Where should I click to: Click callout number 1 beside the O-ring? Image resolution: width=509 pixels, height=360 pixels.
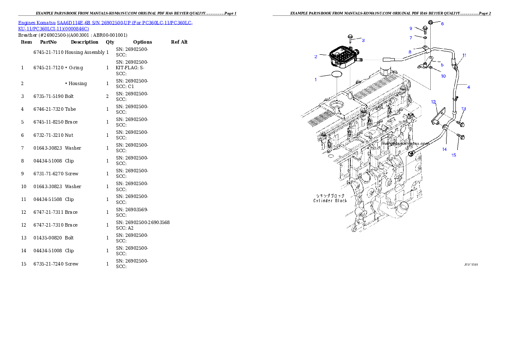coord(316,80)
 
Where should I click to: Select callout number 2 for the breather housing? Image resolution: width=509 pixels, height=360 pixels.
coord(316,56)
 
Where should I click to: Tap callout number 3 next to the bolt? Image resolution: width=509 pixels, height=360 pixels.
coord(363,40)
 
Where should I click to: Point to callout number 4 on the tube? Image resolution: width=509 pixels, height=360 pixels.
coord(468,87)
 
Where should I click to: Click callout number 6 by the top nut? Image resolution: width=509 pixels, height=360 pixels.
coord(442,24)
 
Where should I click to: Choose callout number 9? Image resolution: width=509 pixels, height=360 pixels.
coord(411,28)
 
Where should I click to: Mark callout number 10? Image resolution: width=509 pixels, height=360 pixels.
coord(443,76)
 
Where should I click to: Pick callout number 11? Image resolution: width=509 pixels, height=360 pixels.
coord(464,55)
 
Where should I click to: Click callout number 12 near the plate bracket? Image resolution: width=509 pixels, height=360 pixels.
coord(433,102)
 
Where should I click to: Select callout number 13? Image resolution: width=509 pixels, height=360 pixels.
coord(464,109)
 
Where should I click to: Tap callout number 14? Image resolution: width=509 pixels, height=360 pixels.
coord(444,149)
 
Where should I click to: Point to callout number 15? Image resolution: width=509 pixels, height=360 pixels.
coord(454,155)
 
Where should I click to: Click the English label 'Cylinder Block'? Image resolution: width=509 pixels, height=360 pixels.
coord(330,201)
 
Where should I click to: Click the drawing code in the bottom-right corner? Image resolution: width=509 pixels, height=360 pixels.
coord(471,265)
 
